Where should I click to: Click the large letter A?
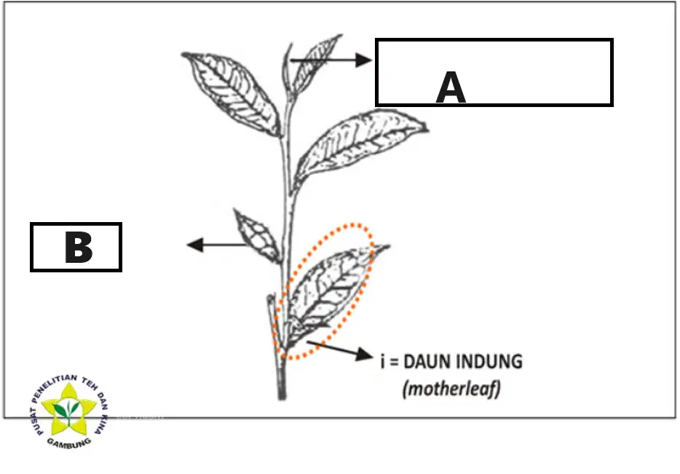451,88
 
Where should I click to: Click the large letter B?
79,247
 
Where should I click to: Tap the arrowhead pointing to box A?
363,60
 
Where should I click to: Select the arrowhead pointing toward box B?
195,245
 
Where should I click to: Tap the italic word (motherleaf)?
451,389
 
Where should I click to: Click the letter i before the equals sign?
382,362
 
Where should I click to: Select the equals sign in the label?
394,362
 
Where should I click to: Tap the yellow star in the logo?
68,410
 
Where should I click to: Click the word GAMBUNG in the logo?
69,443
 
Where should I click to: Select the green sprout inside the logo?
68,411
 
